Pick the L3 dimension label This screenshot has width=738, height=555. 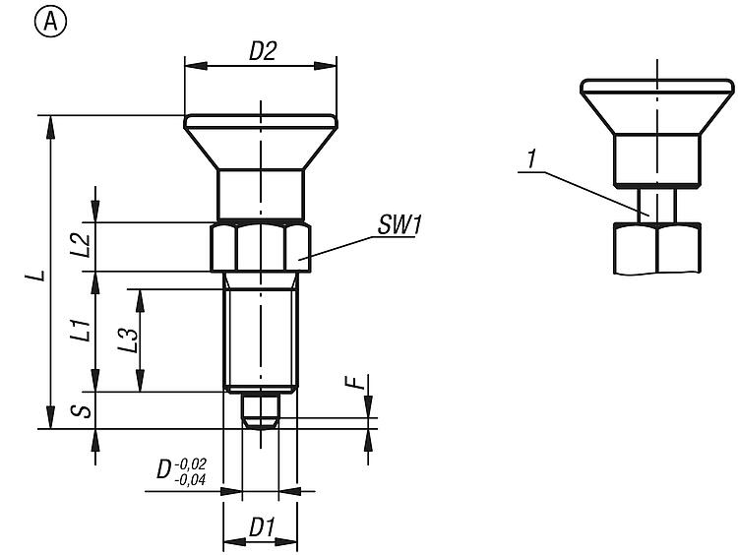127,340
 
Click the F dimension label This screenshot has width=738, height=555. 359,396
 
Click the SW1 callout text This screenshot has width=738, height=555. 399,225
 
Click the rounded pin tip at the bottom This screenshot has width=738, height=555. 261,410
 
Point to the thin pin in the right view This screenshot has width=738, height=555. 656,205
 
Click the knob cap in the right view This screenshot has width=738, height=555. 656,103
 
